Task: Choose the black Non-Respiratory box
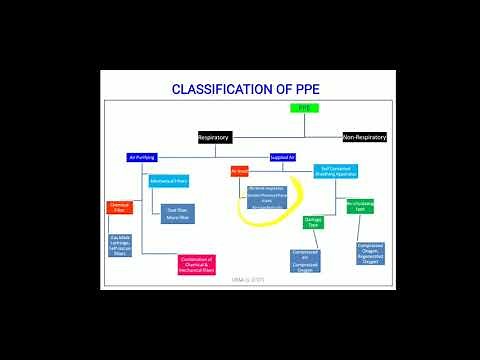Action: point(364,136)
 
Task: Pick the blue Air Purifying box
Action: point(142,157)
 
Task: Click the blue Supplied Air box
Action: point(284,157)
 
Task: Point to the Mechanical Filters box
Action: point(169,181)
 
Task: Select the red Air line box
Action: point(240,171)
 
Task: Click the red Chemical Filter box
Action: point(120,208)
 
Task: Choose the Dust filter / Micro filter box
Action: point(176,212)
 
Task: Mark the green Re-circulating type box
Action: point(360,206)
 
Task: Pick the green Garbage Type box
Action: point(312,224)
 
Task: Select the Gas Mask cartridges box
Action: point(120,245)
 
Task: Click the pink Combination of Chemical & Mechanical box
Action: point(196,263)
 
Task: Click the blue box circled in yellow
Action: point(267,196)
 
